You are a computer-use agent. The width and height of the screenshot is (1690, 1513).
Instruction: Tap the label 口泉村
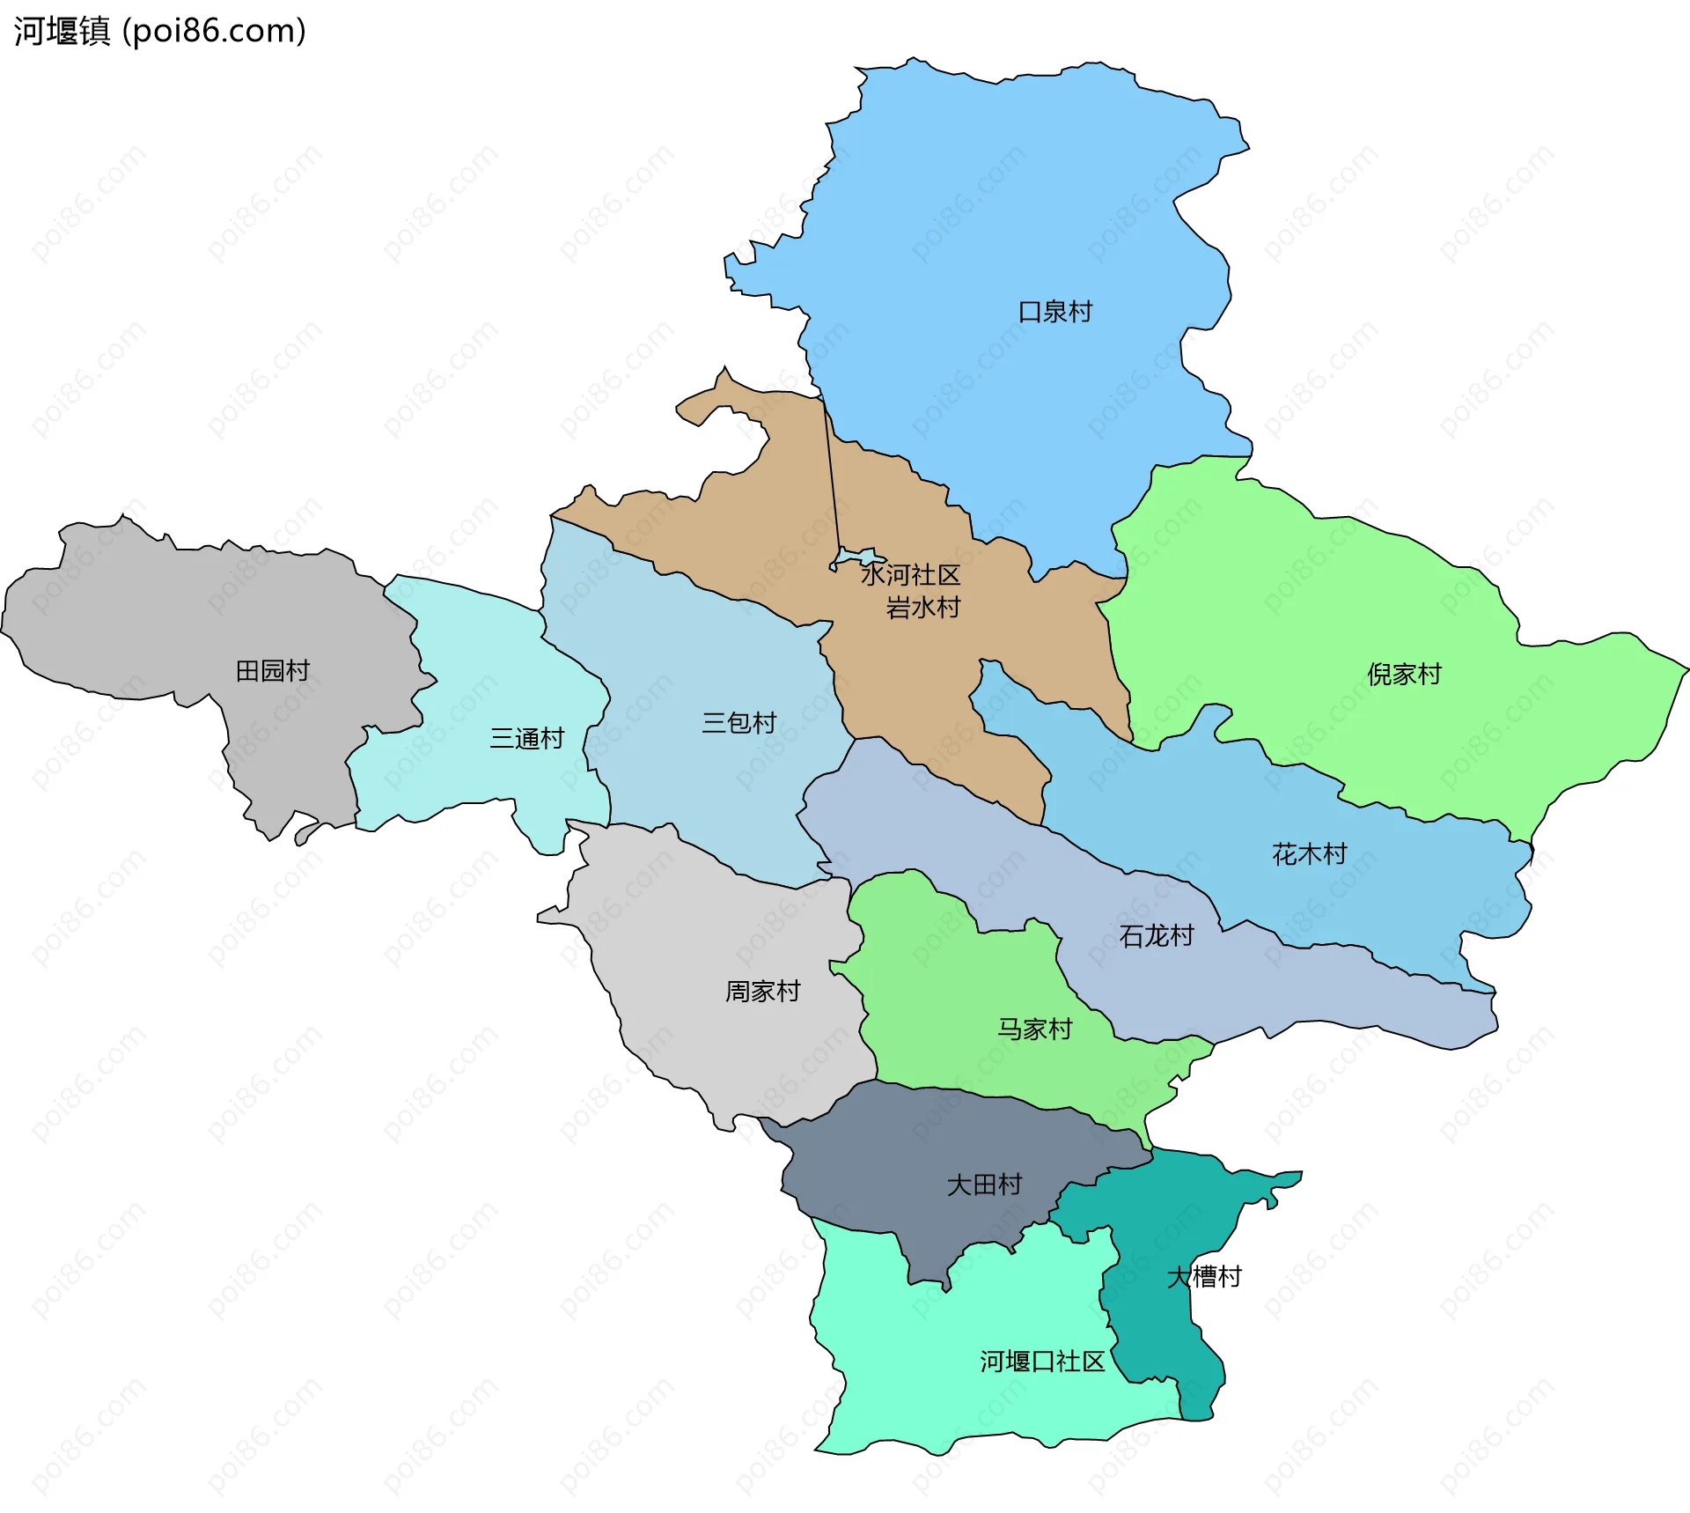tap(1054, 312)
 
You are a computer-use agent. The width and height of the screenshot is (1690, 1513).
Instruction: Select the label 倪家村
tap(1404, 675)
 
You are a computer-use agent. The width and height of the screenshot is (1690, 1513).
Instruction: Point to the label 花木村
tap(1309, 854)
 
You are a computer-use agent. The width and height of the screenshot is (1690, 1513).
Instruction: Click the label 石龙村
tap(1156, 936)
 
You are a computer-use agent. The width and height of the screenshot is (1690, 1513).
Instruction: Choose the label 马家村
tap(1034, 1030)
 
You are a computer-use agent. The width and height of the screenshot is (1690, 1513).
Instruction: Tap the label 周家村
tap(762, 992)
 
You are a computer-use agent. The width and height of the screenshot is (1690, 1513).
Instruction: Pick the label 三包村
tap(738, 723)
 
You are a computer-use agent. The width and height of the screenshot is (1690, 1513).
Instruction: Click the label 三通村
tap(526, 739)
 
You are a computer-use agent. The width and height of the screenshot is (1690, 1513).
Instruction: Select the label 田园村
tap(273, 671)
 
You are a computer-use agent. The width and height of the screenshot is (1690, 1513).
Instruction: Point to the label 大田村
tap(984, 1185)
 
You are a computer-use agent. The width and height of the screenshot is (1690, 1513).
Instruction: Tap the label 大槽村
tap(1203, 1277)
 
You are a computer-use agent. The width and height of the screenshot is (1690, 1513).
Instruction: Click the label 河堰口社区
tap(1042, 1362)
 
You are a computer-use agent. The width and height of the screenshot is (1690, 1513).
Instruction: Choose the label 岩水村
tap(922, 608)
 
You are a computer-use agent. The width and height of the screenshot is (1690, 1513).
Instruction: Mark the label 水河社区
tap(910, 576)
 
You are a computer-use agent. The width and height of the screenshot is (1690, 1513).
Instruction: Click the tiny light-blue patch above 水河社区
tap(858, 557)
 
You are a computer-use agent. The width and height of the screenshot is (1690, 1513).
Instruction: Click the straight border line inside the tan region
tap(831, 476)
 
